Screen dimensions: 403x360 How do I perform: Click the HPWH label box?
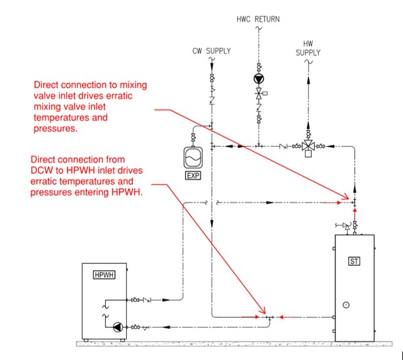[104, 275]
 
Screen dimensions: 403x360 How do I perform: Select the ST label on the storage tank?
[354, 261]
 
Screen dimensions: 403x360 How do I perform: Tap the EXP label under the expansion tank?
[193, 176]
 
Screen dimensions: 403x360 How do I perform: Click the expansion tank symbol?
[193, 157]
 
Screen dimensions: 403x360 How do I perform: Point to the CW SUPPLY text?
[212, 51]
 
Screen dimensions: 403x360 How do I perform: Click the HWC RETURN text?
[258, 19]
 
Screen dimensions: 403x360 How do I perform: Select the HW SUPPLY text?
[308, 48]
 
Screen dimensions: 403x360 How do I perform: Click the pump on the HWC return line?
[259, 79]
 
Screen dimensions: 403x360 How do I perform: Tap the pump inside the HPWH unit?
[118, 327]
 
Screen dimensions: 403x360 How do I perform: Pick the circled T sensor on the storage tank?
[346, 305]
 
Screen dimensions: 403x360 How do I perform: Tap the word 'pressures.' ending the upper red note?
[55, 128]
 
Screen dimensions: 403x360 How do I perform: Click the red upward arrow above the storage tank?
[355, 215]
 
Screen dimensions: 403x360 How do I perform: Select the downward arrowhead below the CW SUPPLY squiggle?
[212, 67]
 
